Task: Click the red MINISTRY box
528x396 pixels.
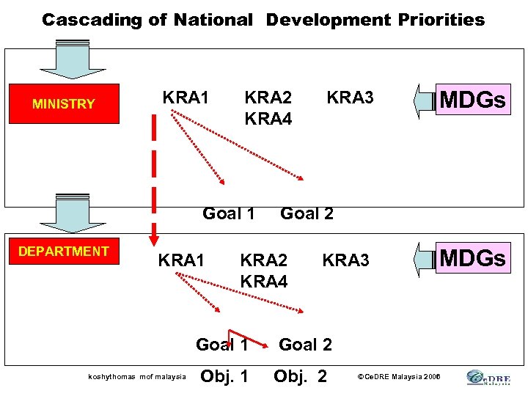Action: pyautogui.click(x=64, y=103)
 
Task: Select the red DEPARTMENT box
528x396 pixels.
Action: pyautogui.click(x=64, y=251)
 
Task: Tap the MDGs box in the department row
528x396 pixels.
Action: pyautogui.click(x=472, y=257)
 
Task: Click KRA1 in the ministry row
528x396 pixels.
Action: pyautogui.click(x=186, y=98)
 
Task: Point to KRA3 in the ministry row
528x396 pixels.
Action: pyautogui.click(x=350, y=98)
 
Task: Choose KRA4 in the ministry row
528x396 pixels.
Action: pyautogui.click(x=268, y=117)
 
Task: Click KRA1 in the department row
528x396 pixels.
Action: pyautogui.click(x=182, y=260)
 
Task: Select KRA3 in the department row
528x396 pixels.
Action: pyautogui.click(x=345, y=260)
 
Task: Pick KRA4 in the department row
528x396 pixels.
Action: pyautogui.click(x=263, y=280)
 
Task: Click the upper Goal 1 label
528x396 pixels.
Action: pyautogui.click(x=228, y=213)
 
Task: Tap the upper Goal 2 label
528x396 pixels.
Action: pyautogui.click(x=307, y=213)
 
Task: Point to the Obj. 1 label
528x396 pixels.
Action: pyautogui.click(x=224, y=376)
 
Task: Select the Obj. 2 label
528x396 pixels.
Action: pyautogui.click(x=301, y=376)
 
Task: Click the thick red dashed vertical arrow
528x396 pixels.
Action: pyautogui.click(x=155, y=176)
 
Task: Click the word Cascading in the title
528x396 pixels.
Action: pyautogui.click(x=94, y=20)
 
